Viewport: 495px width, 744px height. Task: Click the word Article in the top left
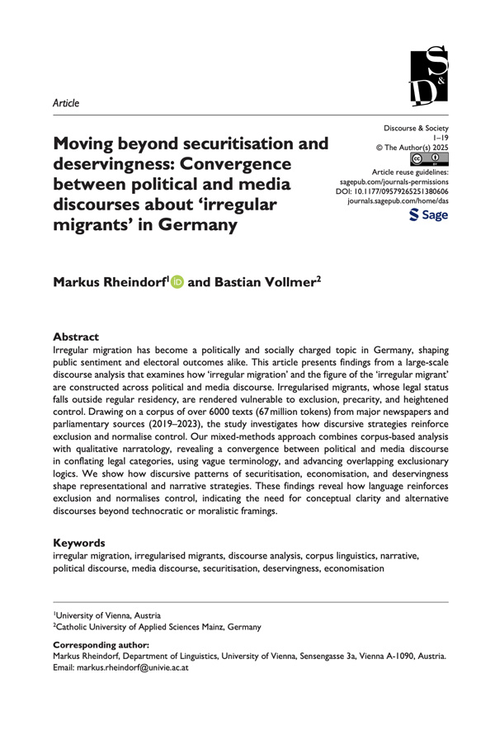(x=66, y=103)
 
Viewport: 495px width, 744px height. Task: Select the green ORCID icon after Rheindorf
(x=176, y=283)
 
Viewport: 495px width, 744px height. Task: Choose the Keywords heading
(x=79, y=544)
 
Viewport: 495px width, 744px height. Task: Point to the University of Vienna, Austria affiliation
(x=109, y=615)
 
